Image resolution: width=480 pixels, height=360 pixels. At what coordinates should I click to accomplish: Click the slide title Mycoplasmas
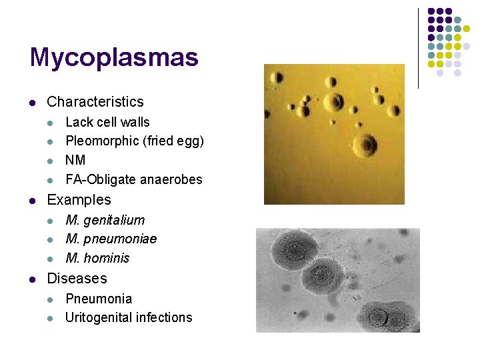pyautogui.click(x=114, y=57)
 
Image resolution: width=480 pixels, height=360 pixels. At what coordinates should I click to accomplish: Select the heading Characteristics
pyautogui.click(x=95, y=102)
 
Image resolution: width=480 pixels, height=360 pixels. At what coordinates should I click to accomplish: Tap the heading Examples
pyautogui.click(x=79, y=200)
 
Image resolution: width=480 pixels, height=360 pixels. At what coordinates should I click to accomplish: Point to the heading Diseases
pyautogui.click(x=77, y=279)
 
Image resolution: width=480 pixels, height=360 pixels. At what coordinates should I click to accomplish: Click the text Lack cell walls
pyautogui.click(x=107, y=122)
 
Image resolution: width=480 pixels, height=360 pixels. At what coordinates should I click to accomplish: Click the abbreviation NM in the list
pyautogui.click(x=75, y=160)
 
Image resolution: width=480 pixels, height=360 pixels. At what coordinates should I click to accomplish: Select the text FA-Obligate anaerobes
pyautogui.click(x=133, y=179)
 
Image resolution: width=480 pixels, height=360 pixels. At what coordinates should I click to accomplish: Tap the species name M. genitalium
pyautogui.click(x=105, y=220)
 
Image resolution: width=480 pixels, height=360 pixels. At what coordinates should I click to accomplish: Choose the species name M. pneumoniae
pyautogui.click(x=111, y=239)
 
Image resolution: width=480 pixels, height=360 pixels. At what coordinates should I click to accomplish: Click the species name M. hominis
pyautogui.click(x=97, y=258)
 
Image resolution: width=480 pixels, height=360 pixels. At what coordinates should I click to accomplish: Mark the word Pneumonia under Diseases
pyautogui.click(x=99, y=299)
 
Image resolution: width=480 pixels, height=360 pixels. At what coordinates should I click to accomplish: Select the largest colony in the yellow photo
pyautogui.click(x=365, y=145)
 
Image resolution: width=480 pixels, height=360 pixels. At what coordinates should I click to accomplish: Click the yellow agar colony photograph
pyautogui.click(x=334, y=133)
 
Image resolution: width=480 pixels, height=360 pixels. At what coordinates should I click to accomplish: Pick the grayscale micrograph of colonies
pyautogui.click(x=337, y=280)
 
